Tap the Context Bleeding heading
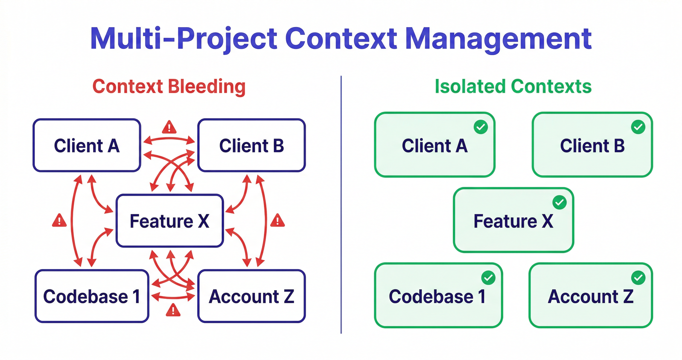[169, 87]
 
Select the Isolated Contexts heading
[513, 87]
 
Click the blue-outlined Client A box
[87, 145]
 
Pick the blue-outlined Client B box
[251, 145]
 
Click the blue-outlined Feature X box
[170, 221]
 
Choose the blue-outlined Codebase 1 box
[92, 296]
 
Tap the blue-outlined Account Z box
[251, 296]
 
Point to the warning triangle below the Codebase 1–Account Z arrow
[173, 310]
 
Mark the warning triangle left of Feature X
[59, 221]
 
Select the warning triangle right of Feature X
[278, 221]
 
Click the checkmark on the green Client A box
[481, 127]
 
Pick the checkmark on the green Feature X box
[559, 202]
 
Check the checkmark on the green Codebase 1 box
[488, 278]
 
